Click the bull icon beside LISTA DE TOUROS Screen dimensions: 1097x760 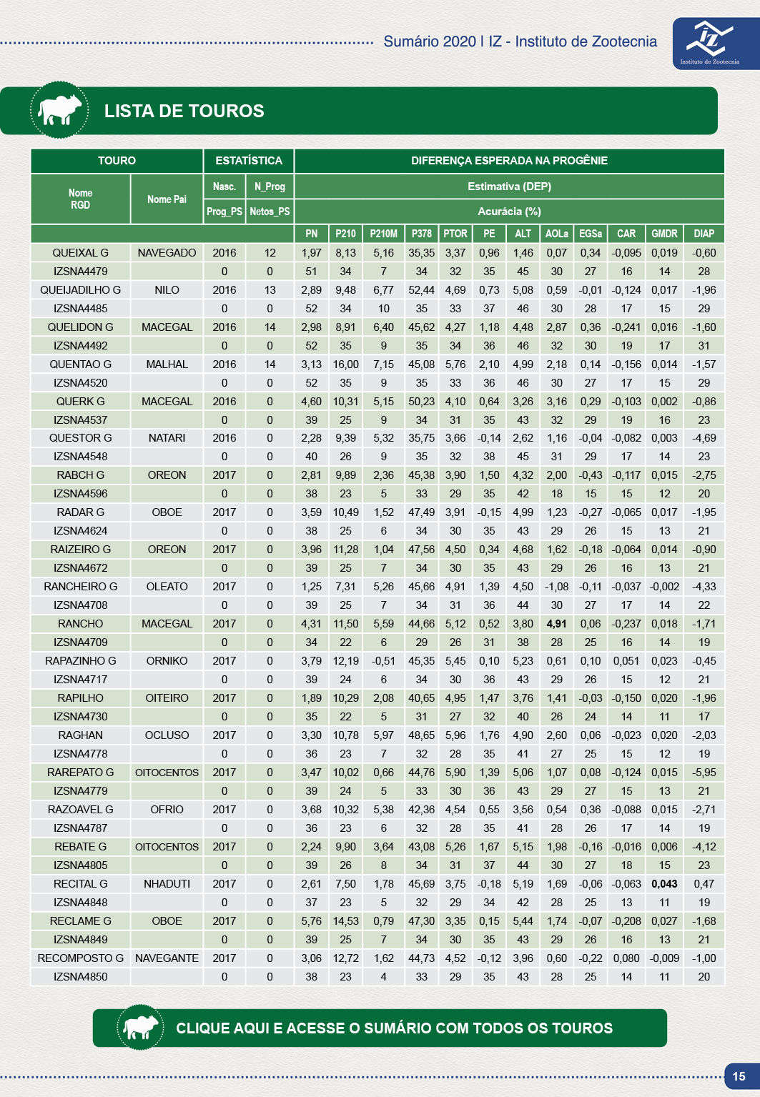(59, 110)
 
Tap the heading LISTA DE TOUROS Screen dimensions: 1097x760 (184, 111)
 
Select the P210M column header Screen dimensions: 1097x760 (383, 234)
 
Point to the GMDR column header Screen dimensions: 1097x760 (664, 234)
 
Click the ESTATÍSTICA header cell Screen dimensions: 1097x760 (249, 161)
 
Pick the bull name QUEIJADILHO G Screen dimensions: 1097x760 (81, 290)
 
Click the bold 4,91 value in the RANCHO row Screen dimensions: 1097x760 (556, 624)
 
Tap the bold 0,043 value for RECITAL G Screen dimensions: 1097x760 (664, 884)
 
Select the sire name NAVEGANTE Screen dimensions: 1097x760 (167, 958)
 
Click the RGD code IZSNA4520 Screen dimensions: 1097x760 (81, 383)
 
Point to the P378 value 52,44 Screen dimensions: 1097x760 (421, 290)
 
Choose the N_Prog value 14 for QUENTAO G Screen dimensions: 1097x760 (270, 364)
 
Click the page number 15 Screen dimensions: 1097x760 (739, 1076)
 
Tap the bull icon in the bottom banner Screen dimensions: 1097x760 (141, 1028)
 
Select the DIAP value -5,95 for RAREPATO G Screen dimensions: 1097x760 (704, 773)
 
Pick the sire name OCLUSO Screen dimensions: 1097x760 (167, 735)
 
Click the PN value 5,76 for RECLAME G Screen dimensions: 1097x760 (311, 921)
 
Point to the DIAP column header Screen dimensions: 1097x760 (704, 234)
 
